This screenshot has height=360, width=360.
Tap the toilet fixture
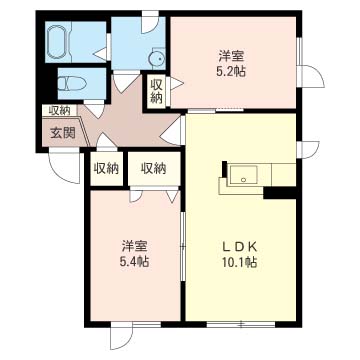pos(72,84)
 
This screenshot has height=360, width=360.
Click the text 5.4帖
pos(134,261)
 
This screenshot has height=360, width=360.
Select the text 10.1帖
pos(240,262)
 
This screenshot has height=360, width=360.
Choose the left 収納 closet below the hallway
pos(106,168)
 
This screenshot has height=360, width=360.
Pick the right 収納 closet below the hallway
pos(152,168)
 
